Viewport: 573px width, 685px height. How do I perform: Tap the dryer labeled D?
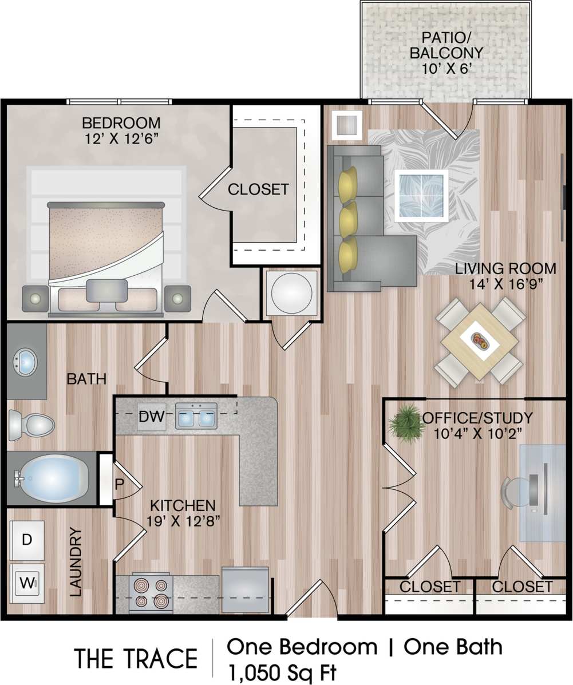click(27, 539)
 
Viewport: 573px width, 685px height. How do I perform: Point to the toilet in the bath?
click(32, 425)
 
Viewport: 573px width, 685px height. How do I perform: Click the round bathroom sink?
click(25, 362)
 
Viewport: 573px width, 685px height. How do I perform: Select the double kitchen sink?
click(196, 417)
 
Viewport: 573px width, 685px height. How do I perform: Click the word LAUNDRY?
click(76, 563)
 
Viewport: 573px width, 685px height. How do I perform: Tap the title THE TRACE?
click(136, 659)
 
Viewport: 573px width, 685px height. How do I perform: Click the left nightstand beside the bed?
click(35, 298)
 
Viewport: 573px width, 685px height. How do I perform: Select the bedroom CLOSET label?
click(258, 189)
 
